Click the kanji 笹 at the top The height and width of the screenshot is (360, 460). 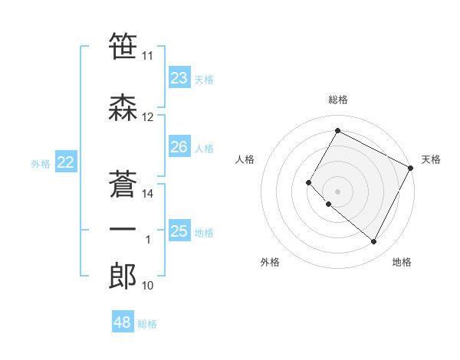click(x=123, y=46)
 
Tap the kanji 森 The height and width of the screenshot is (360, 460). click(x=123, y=107)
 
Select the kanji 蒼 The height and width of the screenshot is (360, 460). click(x=123, y=185)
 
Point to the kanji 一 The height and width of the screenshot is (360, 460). click(x=123, y=230)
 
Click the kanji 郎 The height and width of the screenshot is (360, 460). click(x=123, y=277)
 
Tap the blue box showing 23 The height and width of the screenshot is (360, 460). click(x=179, y=77)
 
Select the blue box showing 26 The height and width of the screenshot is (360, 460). click(x=179, y=147)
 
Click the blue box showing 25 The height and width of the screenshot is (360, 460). click(x=179, y=231)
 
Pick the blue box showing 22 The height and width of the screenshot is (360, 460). click(x=66, y=162)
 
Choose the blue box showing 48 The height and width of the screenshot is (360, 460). click(x=123, y=322)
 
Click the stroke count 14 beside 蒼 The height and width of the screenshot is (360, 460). click(x=148, y=193)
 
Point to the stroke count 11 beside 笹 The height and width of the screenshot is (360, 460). click(x=148, y=56)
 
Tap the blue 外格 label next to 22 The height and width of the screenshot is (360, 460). click(x=40, y=163)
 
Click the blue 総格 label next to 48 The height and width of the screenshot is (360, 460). click(x=147, y=324)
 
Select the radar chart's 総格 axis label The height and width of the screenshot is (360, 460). click(x=337, y=100)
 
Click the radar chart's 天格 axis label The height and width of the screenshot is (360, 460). click(x=431, y=159)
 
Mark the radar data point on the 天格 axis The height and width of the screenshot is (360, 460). click(x=412, y=167)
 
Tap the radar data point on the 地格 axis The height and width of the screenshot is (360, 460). click(x=374, y=242)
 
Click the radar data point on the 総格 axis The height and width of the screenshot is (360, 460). click(x=337, y=130)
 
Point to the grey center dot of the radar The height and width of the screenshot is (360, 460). click(x=337, y=191)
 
